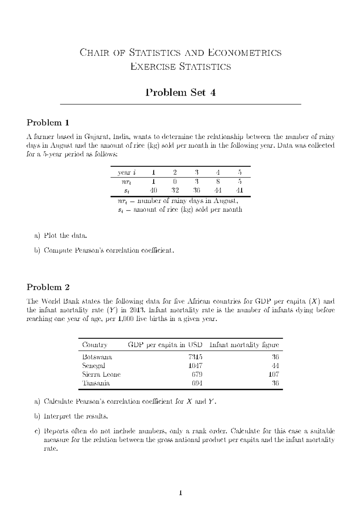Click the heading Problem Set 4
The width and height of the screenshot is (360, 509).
(181, 92)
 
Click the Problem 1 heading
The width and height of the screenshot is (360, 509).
(48, 122)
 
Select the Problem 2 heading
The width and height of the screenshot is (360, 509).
(48, 287)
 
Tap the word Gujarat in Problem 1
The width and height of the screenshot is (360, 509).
(94, 137)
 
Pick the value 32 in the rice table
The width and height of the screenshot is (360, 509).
(175, 190)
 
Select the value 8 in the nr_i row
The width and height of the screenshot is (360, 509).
(218, 181)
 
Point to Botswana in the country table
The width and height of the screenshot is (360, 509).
(97, 357)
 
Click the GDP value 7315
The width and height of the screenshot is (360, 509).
(195, 357)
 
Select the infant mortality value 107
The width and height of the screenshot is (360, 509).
(274, 374)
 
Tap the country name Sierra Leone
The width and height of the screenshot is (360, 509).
(101, 374)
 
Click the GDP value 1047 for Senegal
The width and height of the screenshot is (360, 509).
(195, 366)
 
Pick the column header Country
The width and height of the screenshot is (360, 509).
(94, 345)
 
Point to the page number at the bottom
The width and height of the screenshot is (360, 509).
(180, 492)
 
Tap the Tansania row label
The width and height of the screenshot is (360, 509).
(96, 383)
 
